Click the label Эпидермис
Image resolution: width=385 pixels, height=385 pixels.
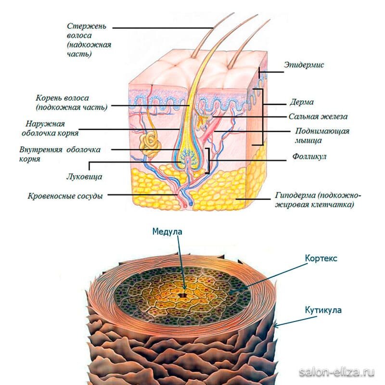point(304,64)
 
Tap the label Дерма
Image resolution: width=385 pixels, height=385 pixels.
point(302,103)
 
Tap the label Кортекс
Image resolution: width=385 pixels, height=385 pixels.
point(321,258)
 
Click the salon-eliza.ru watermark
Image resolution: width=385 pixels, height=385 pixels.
point(336,372)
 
